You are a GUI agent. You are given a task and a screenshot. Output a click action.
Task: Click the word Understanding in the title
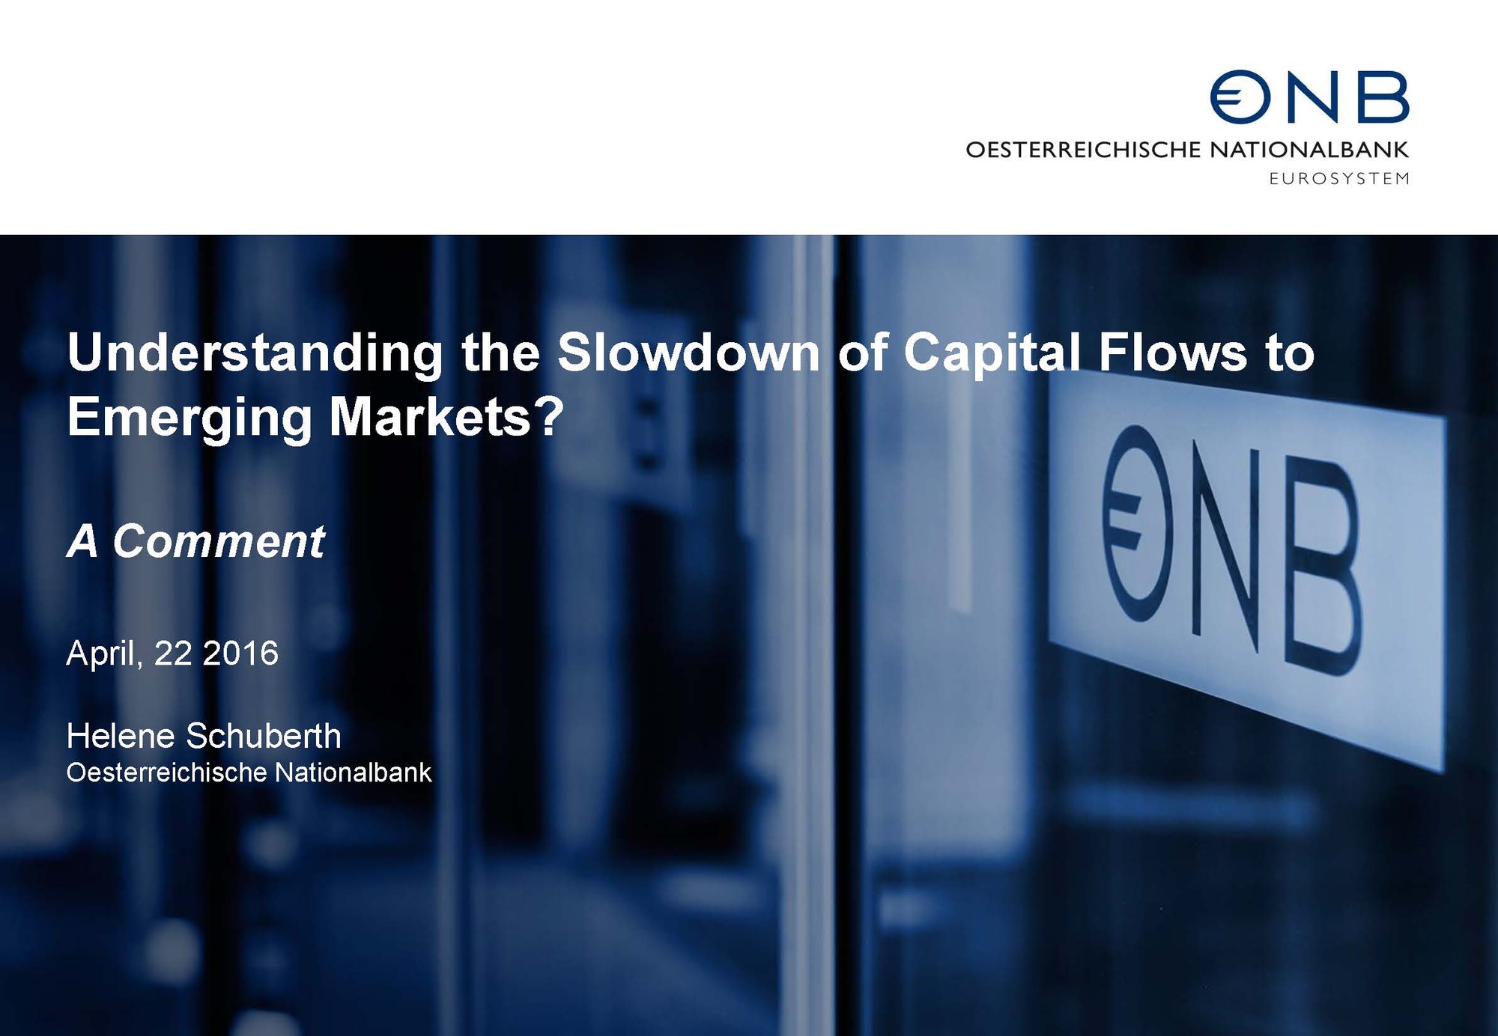255,353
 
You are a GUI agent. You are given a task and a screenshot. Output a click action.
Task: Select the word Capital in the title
992,353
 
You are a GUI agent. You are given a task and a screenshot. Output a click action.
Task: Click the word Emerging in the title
189,418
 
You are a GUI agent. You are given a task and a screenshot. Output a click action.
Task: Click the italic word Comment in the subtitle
219,540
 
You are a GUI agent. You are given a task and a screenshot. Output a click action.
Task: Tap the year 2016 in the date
240,653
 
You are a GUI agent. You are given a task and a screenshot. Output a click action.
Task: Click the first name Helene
121,736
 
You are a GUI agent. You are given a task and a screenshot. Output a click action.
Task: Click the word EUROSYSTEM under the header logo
1339,179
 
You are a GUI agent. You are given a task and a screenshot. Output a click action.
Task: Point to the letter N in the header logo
1314,97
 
